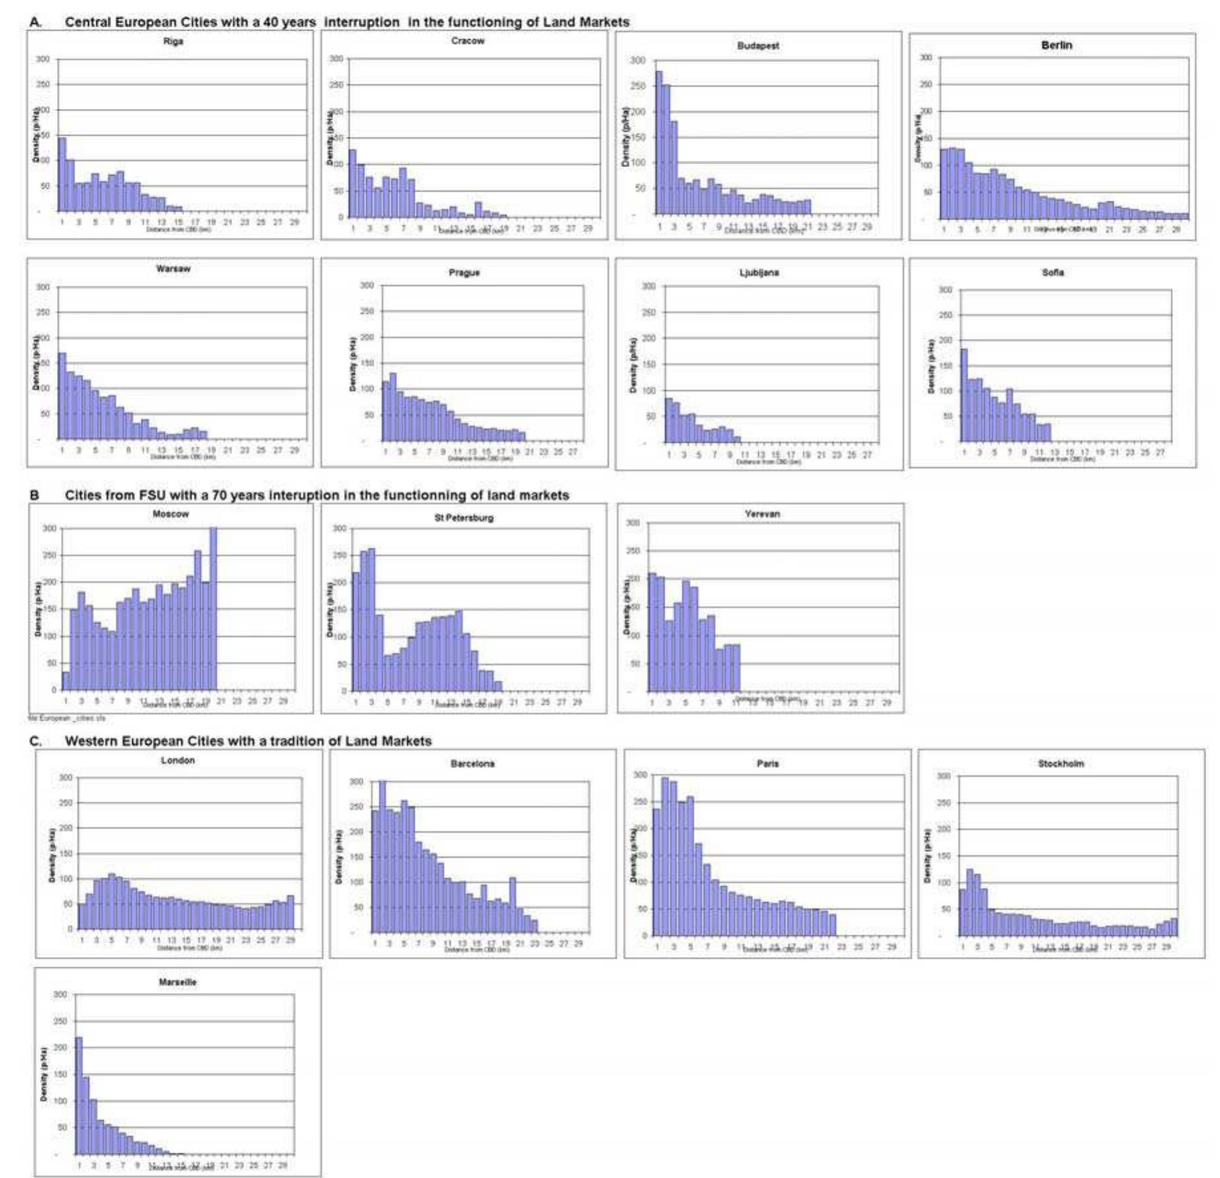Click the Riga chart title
point(173,41)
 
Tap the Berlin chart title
point(1056,45)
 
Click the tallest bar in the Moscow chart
point(213,609)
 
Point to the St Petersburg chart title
point(463,517)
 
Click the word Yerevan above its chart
point(762,514)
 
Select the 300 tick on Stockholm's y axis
point(944,776)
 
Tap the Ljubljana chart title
point(759,273)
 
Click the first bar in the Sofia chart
point(964,396)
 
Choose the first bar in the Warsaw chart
point(62,396)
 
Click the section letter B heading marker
point(35,496)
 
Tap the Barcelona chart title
point(472,764)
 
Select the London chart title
point(178,760)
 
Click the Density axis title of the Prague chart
point(353,364)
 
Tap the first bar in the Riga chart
point(62,174)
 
